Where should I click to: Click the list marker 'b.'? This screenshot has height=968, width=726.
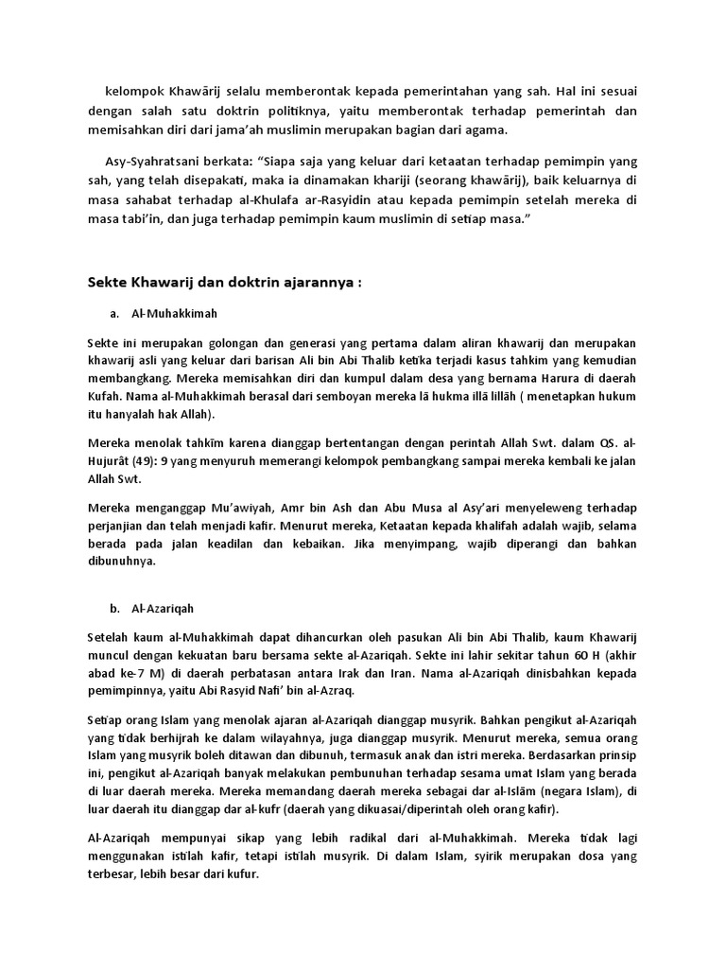[115, 610]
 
